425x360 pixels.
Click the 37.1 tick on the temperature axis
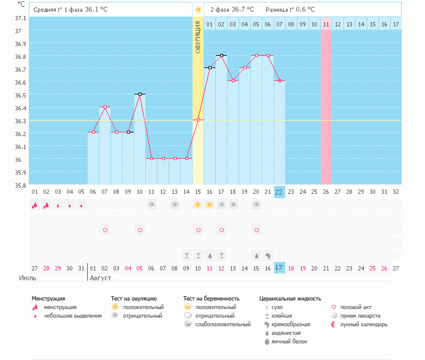tap(21, 18)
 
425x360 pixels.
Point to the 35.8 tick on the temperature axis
tap(21, 185)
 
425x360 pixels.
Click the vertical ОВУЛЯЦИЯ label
tap(197, 37)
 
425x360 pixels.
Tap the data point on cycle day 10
tap(140, 94)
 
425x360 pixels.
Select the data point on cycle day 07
tap(105, 107)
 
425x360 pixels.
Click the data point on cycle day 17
tap(221, 55)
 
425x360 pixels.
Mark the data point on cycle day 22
tap(279, 81)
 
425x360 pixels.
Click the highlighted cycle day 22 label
tap(279, 192)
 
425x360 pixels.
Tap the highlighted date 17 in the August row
tap(279, 268)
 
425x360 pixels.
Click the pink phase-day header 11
tap(326, 24)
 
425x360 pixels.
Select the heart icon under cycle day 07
tap(105, 230)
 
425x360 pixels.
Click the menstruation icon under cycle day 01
tap(34, 205)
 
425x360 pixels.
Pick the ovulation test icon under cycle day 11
tap(151, 205)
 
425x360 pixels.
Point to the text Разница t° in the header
tap(279, 10)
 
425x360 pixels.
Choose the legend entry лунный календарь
tap(362, 324)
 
